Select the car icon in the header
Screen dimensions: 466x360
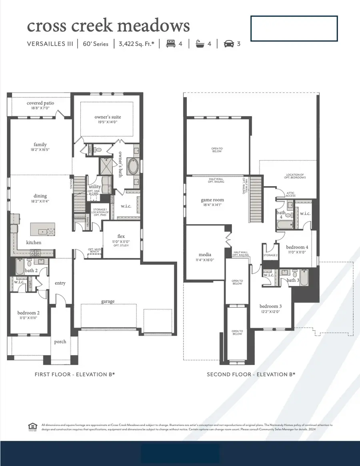click(x=228, y=44)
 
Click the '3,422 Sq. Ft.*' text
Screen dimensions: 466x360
click(x=136, y=44)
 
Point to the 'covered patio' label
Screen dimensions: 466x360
click(x=40, y=103)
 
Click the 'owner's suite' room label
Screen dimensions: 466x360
click(x=108, y=117)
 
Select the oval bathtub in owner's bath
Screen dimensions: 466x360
click(x=133, y=165)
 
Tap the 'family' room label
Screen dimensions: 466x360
click(x=40, y=145)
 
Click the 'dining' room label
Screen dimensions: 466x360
click(x=40, y=196)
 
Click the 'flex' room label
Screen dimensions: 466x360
click(x=121, y=236)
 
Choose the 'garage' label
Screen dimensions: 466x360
click(x=108, y=301)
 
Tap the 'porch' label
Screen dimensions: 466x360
click(x=60, y=341)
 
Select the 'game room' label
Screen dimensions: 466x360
click(x=212, y=200)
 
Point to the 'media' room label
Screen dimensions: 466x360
click(x=205, y=255)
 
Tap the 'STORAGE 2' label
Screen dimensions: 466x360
click(x=270, y=255)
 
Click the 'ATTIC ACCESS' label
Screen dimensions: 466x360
click(x=291, y=194)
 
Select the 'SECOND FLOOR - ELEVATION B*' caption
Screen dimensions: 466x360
click(x=251, y=375)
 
